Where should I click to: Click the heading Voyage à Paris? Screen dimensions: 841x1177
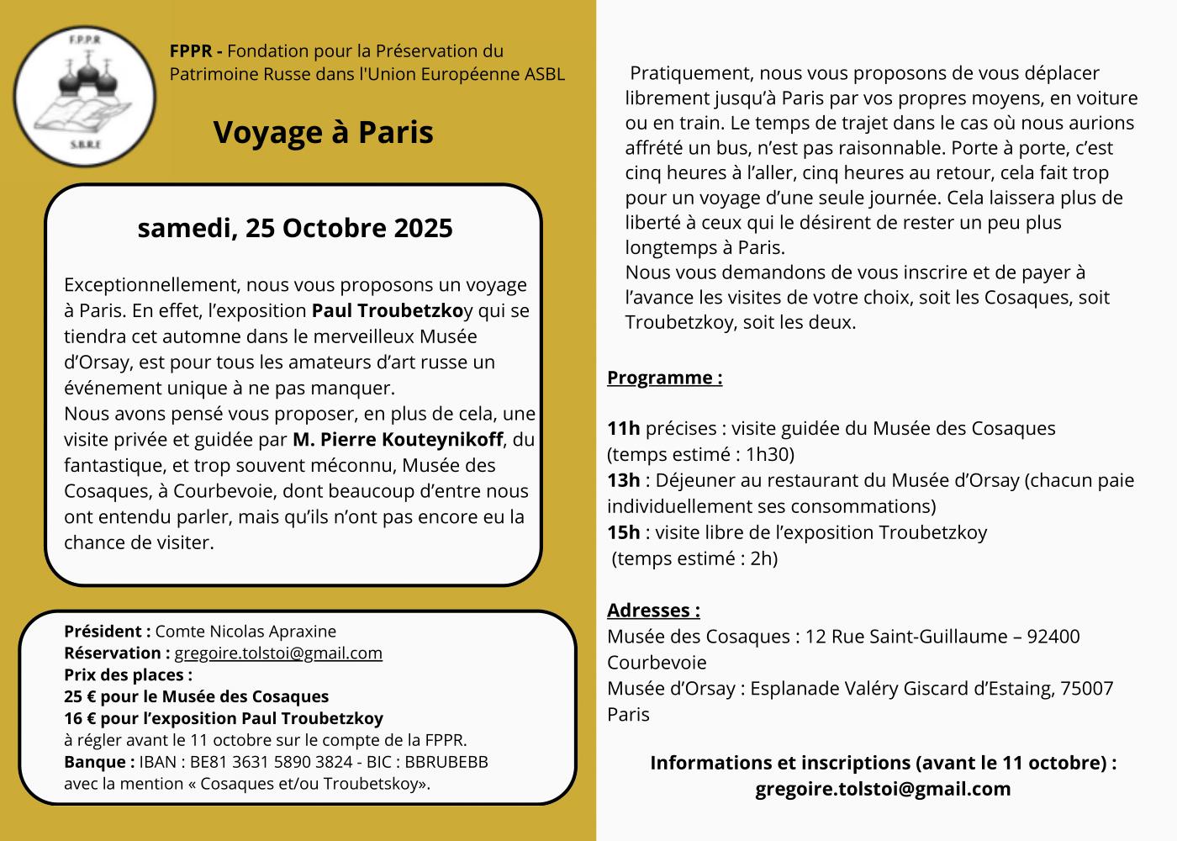323,132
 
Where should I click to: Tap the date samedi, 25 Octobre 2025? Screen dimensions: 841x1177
294,228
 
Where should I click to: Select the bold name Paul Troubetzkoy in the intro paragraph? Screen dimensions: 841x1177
388,310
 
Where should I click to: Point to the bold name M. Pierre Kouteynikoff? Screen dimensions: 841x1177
398,440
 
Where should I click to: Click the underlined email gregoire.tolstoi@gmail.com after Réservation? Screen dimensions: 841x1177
278,653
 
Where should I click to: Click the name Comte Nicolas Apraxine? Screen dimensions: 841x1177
245,632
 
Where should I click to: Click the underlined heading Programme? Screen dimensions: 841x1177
664,378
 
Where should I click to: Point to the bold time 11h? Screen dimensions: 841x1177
623,428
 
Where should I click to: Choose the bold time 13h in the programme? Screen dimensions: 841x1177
623,480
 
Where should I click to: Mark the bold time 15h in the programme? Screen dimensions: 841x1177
623,532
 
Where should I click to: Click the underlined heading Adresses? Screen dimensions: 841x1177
653,611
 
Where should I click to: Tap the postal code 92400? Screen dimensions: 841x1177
1053,637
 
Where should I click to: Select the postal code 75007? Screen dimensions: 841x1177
1087,689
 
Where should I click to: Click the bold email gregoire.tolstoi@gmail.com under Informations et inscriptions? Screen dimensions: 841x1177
883,790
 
